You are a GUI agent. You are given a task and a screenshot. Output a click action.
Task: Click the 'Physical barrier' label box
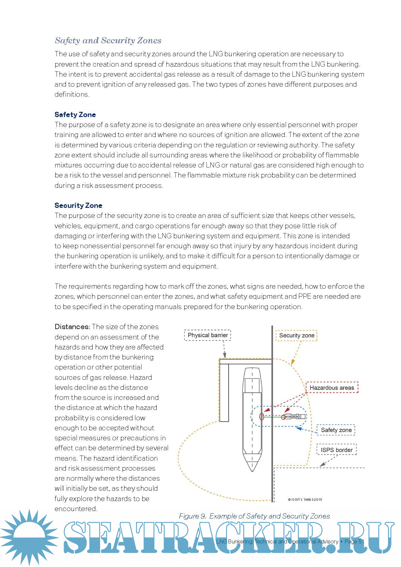pos(207,335)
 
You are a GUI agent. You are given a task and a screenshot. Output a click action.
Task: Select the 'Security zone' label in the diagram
pos(296,336)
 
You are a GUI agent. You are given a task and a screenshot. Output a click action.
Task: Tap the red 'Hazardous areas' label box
pos(332,388)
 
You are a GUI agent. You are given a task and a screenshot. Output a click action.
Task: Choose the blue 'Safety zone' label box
pos(336,430)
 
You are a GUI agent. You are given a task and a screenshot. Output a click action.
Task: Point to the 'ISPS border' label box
pos(336,450)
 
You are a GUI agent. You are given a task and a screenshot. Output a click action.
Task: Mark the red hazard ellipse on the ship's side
pos(262,416)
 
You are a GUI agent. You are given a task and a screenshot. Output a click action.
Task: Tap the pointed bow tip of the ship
pos(252,470)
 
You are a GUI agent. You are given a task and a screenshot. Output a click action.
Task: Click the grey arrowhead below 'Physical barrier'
pos(225,355)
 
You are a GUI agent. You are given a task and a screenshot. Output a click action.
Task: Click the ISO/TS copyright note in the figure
pos(305,499)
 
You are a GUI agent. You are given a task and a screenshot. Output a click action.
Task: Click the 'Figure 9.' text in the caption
pos(192,516)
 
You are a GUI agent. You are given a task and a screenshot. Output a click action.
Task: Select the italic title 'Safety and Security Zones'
pos(108,40)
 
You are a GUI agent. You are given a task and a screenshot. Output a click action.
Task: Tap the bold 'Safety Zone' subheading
pos(75,114)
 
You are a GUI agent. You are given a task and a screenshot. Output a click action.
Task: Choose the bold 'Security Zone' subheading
pos(78,206)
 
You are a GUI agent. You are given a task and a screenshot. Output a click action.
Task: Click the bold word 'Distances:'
pos(72,327)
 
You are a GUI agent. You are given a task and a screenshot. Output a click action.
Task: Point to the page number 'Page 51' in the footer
pos(354,541)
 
